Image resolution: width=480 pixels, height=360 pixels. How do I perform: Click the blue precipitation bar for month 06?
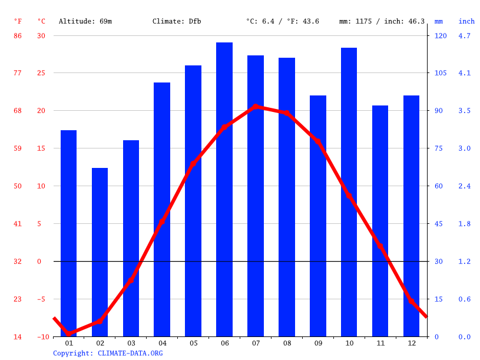224,189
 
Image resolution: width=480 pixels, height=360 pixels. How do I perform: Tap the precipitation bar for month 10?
349,191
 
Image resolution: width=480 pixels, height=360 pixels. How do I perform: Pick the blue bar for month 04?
162,209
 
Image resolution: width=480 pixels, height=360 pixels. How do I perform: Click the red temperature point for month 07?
256,107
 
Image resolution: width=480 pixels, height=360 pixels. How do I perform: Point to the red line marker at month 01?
69,333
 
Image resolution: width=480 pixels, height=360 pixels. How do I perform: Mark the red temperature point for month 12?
411,300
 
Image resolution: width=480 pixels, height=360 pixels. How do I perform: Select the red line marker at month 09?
318,141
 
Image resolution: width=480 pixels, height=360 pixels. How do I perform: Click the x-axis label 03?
131,343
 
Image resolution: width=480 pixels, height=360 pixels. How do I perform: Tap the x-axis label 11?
380,343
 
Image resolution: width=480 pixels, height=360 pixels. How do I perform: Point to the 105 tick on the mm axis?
441,73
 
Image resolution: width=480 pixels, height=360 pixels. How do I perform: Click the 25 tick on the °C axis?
41,73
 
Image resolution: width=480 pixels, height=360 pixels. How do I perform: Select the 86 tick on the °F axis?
18,35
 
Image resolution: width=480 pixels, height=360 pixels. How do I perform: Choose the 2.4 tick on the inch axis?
465,186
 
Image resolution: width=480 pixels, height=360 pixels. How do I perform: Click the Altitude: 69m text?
85,21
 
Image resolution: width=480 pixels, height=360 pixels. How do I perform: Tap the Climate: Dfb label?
177,21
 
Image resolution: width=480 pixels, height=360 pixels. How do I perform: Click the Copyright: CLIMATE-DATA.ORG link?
108,354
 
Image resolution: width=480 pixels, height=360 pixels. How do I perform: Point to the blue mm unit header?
438,21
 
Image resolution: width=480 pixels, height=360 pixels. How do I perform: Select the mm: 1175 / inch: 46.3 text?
382,21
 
